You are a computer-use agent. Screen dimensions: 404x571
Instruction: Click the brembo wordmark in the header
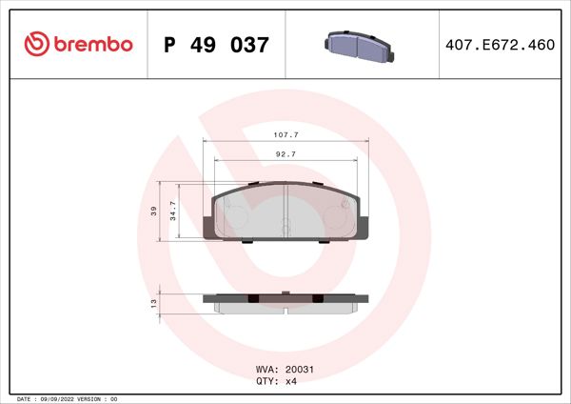pos(91,45)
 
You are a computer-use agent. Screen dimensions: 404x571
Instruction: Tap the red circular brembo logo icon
pos(36,45)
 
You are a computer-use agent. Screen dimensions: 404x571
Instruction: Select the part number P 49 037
pos(217,45)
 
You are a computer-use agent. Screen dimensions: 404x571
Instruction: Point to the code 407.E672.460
pos(501,45)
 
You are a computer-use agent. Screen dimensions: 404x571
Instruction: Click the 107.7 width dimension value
pos(285,135)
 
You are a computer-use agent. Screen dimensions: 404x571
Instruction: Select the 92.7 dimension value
pos(285,153)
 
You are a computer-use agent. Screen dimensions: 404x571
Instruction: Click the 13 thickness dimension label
pos(154,302)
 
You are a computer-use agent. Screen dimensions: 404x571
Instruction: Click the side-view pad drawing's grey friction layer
pos(285,308)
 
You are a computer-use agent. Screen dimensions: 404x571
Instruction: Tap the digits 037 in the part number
pos(249,45)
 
